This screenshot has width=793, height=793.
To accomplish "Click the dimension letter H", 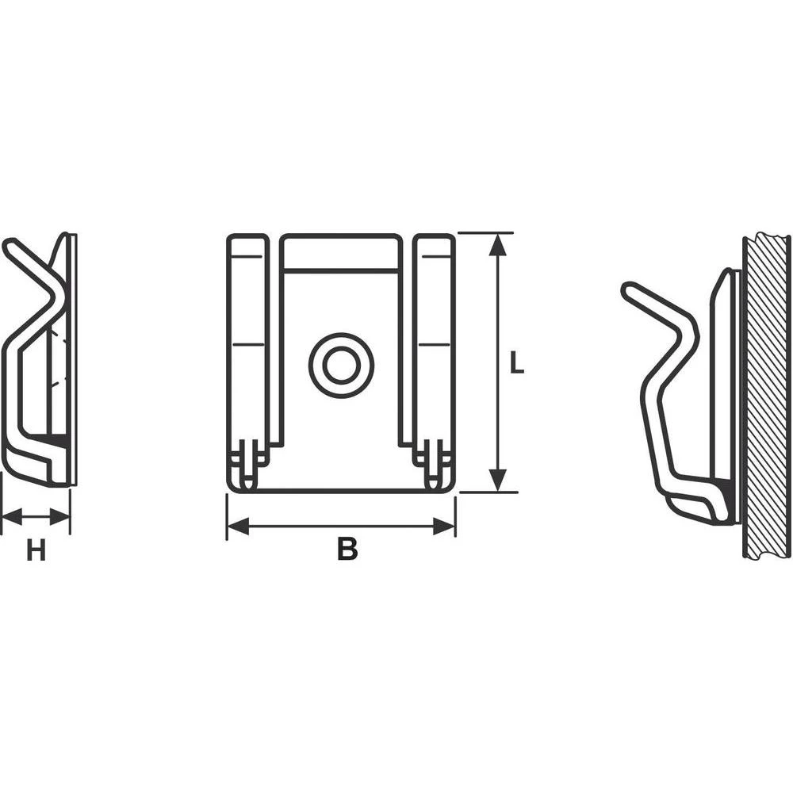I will tap(36, 550).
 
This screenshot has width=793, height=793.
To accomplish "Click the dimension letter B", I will tap(347, 549).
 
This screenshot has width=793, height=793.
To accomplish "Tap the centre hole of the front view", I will tap(341, 366).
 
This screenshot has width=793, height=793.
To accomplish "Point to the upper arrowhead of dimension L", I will tap(497, 244).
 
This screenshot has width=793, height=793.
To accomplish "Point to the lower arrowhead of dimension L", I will tap(497, 481).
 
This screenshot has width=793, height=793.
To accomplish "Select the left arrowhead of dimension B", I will tap(238, 526).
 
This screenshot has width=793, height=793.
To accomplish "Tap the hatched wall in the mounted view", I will tap(767, 396).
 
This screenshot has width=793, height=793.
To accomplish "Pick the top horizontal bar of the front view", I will tap(341, 252).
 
